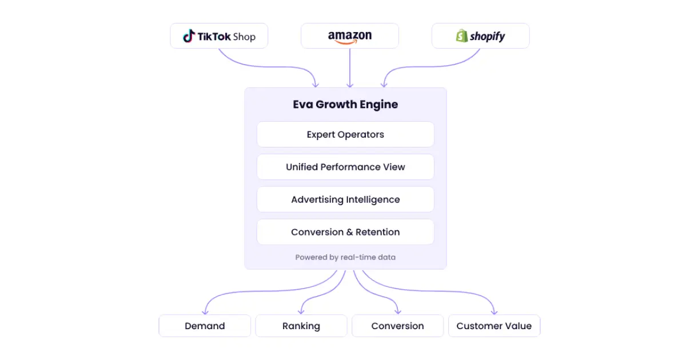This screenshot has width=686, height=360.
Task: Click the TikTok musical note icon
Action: point(189,36)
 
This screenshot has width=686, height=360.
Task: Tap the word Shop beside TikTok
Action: point(244,37)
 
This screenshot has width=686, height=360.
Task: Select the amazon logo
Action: point(350,37)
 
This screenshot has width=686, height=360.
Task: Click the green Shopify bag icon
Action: point(461,36)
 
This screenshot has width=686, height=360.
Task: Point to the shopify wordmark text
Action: point(488,37)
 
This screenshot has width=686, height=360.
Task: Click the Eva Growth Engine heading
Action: point(345,105)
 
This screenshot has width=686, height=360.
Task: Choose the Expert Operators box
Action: point(345,134)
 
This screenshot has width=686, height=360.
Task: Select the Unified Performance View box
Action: point(345,167)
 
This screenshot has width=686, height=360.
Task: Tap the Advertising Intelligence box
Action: point(345,199)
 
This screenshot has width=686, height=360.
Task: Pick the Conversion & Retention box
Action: point(345,232)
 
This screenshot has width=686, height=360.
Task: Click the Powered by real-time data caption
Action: point(345,257)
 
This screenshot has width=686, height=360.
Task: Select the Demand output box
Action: point(205,326)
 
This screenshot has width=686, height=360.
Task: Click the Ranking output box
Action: point(301,326)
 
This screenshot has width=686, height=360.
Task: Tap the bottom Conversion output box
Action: point(397,326)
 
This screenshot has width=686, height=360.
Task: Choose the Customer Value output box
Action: point(494,326)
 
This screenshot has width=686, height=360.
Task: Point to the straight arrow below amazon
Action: point(350,68)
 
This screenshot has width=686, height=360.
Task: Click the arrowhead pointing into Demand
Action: point(205,312)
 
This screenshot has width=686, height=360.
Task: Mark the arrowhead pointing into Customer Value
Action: point(494,312)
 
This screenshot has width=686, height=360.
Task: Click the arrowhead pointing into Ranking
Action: point(301,312)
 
